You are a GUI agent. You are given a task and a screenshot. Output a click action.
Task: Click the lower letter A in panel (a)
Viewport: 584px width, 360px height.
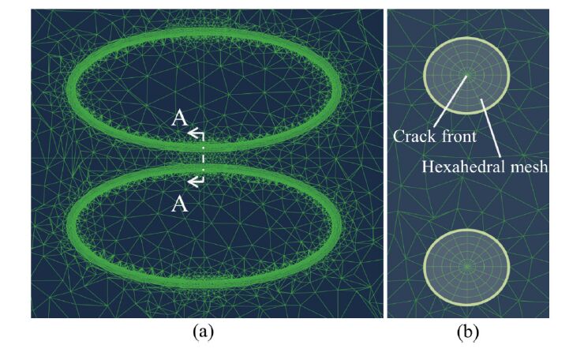click(x=180, y=204)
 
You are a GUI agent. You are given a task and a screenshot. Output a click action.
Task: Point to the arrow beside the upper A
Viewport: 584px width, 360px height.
click(x=195, y=135)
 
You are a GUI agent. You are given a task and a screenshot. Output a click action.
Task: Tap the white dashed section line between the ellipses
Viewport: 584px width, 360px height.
click(x=202, y=159)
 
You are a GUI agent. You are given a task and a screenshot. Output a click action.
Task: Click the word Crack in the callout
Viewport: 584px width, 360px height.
click(x=410, y=137)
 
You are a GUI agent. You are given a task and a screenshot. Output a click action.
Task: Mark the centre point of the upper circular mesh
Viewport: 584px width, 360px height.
click(x=467, y=76)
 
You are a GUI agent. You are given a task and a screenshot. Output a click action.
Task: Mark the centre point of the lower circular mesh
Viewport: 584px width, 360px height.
click(x=467, y=267)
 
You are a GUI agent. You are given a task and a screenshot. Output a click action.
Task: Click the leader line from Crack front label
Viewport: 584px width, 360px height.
click(x=451, y=103)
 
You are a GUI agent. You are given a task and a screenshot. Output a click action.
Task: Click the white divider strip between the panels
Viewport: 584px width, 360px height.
click(x=383, y=158)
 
